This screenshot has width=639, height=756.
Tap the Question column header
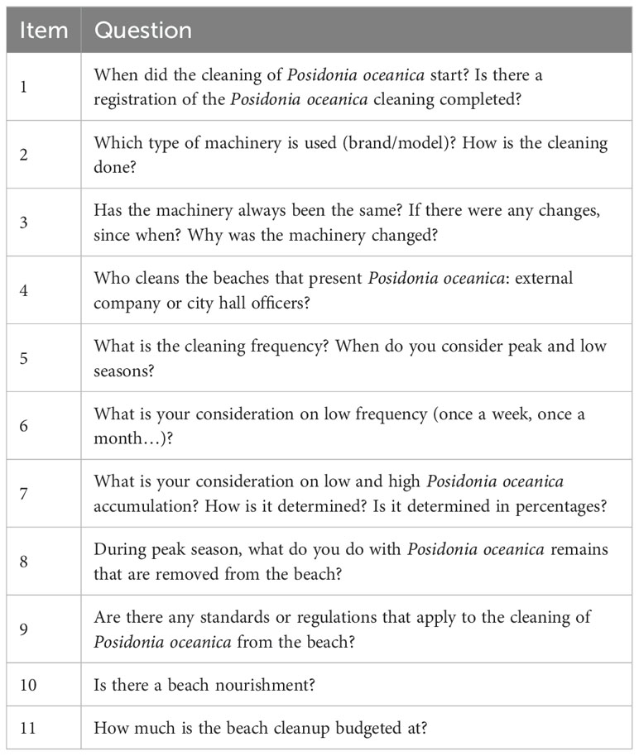pos(143,31)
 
